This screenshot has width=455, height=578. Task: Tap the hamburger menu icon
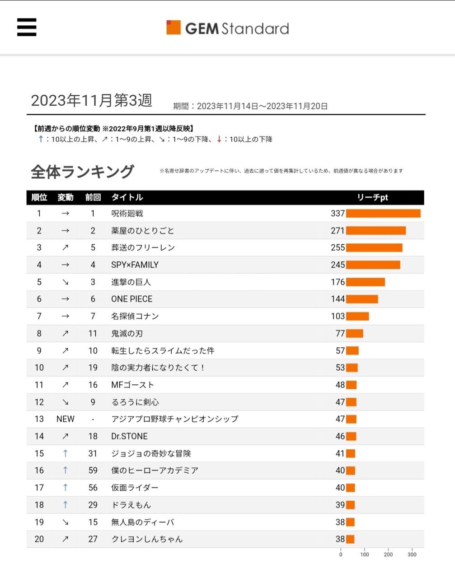tap(27, 27)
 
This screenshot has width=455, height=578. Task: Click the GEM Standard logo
tap(228, 28)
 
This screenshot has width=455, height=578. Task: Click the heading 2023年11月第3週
tap(92, 100)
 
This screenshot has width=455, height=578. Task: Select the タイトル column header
tap(127, 197)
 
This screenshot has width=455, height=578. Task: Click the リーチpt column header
tap(372, 197)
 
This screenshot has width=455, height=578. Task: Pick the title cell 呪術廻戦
tap(127, 214)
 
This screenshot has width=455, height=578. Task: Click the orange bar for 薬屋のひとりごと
tap(376, 231)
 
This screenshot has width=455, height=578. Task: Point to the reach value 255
tap(338, 248)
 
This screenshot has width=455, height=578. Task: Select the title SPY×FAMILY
tap(135, 265)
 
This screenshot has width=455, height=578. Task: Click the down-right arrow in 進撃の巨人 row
tap(65, 282)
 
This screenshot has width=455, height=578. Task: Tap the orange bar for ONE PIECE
tap(362, 299)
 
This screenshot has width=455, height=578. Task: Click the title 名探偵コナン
tap(135, 317)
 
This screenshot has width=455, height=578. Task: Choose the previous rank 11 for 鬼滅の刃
tap(93, 334)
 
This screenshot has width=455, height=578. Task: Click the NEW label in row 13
tap(65, 419)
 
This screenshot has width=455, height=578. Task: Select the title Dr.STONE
tap(129, 436)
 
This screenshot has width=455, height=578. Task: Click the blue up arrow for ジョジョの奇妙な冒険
tap(65, 453)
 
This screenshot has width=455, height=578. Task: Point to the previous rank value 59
tap(93, 471)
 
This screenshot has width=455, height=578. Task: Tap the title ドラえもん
tap(131, 505)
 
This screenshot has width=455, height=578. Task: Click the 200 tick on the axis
tap(388, 555)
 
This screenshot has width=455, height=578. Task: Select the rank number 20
tap(39, 539)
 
